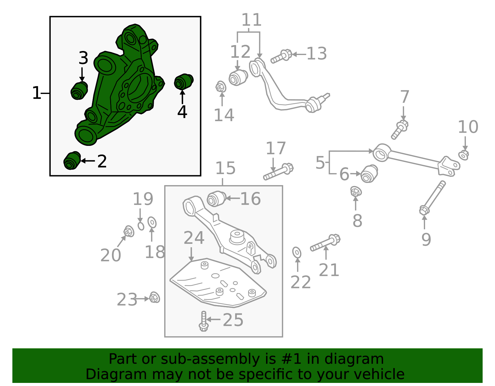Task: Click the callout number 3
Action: click(83, 58)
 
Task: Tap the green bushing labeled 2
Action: click(72, 161)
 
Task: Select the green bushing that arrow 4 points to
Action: click(183, 81)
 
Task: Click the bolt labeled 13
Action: click(282, 56)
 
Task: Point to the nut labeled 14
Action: click(221, 87)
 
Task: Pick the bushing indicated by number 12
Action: click(238, 78)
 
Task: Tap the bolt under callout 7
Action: click(400, 129)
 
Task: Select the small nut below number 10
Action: click(463, 155)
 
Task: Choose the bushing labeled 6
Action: click(369, 174)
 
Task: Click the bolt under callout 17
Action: click(278, 172)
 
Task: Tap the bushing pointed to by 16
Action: click(216, 199)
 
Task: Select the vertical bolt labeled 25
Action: click(204, 321)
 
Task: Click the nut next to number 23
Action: click(154, 297)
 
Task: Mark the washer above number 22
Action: click(297, 253)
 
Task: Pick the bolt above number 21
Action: click(325, 243)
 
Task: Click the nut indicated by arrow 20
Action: click(129, 231)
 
